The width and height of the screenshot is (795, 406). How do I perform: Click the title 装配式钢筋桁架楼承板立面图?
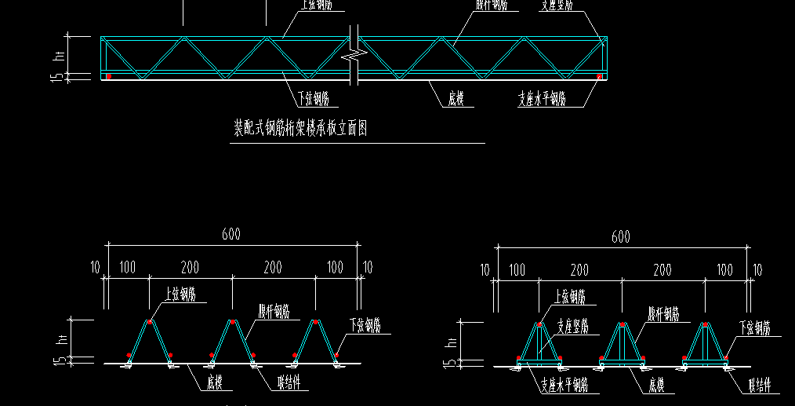(x=300, y=128)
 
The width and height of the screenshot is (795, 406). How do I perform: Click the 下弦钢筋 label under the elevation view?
(x=318, y=98)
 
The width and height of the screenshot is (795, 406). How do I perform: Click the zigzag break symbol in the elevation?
(x=356, y=55)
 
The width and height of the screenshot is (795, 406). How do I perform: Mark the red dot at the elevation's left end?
(x=109, y=76)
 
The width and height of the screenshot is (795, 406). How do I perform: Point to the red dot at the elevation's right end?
(x=599, y=76)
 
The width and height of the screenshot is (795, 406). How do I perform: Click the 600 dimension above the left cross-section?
(x=231, y=234)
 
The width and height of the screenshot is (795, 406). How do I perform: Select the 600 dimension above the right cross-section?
(x=620, y=236)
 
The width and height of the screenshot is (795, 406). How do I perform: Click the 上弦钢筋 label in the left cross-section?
(x=181, y=294)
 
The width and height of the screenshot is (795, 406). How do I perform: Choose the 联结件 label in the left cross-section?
(x=292, y=384)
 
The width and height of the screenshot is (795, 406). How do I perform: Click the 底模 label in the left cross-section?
(x=215, y=384)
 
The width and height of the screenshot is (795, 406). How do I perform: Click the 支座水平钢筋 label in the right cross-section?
(x=564, y=386)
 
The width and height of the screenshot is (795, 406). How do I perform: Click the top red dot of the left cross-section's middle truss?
(x=232, y=322)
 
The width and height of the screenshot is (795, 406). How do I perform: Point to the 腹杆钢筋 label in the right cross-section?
(x=663, y=313)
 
